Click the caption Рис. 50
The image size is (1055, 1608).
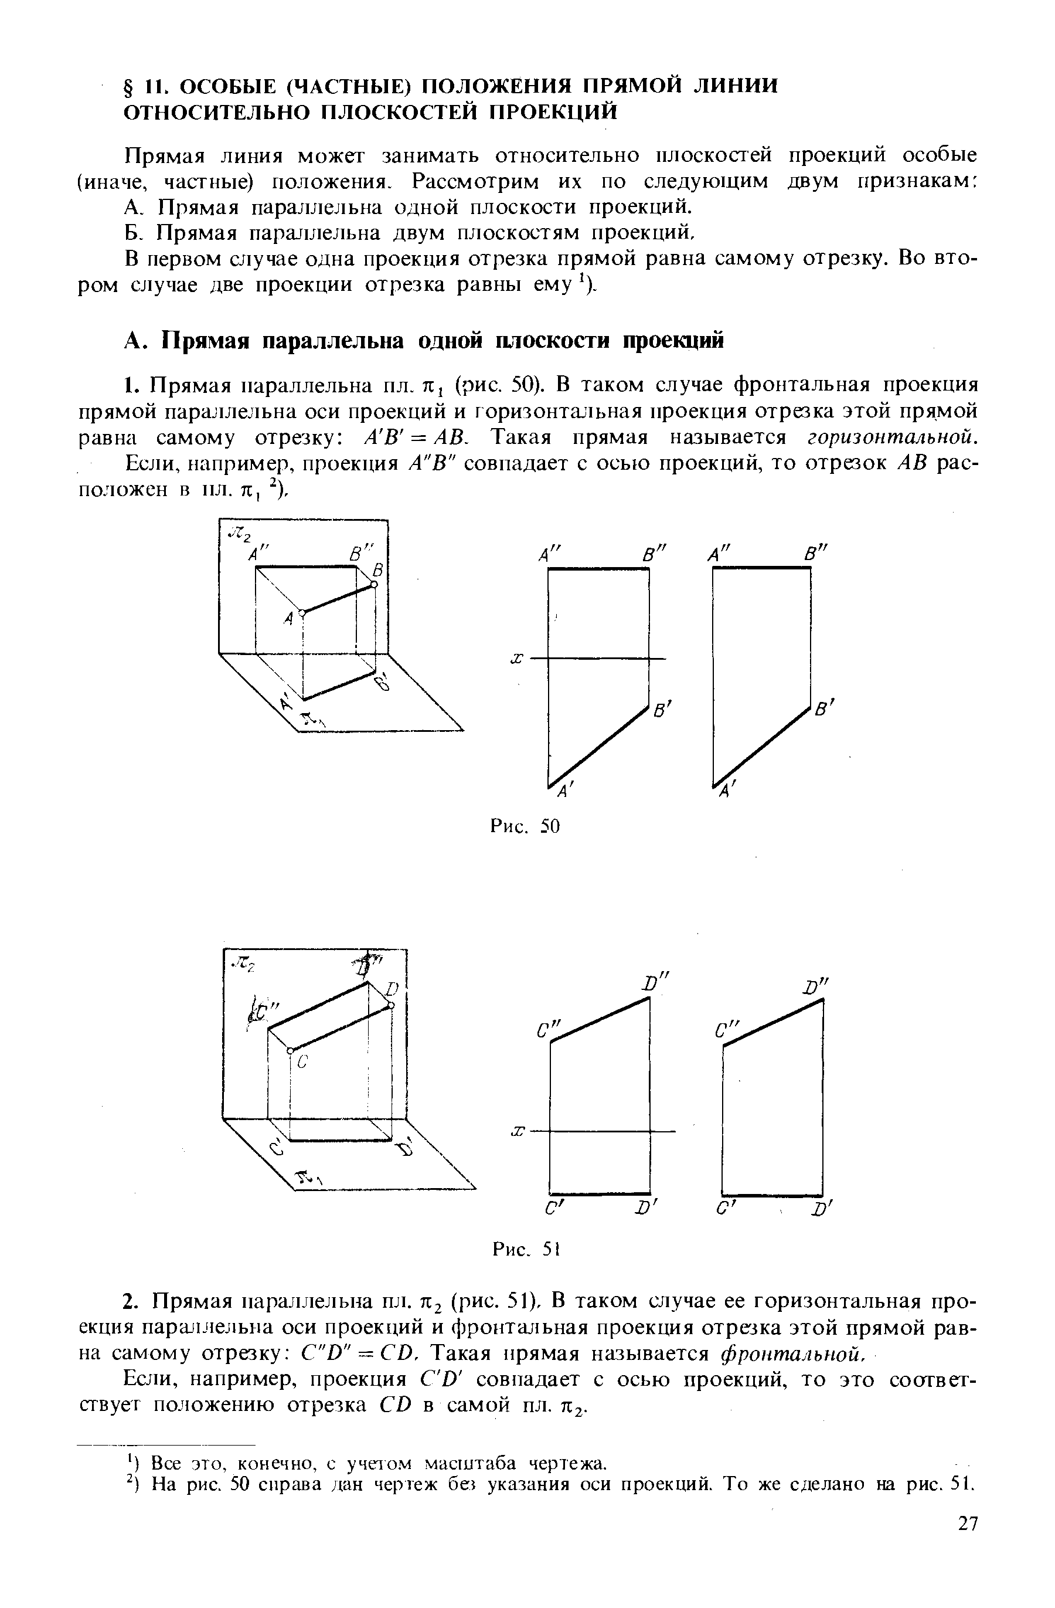click(x=525, y=826)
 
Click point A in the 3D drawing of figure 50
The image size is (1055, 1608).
click(x=302, y=613)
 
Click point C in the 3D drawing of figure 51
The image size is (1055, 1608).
click(x=290, y=1050)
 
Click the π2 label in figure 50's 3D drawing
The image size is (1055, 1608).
click(x=239, y=534)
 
